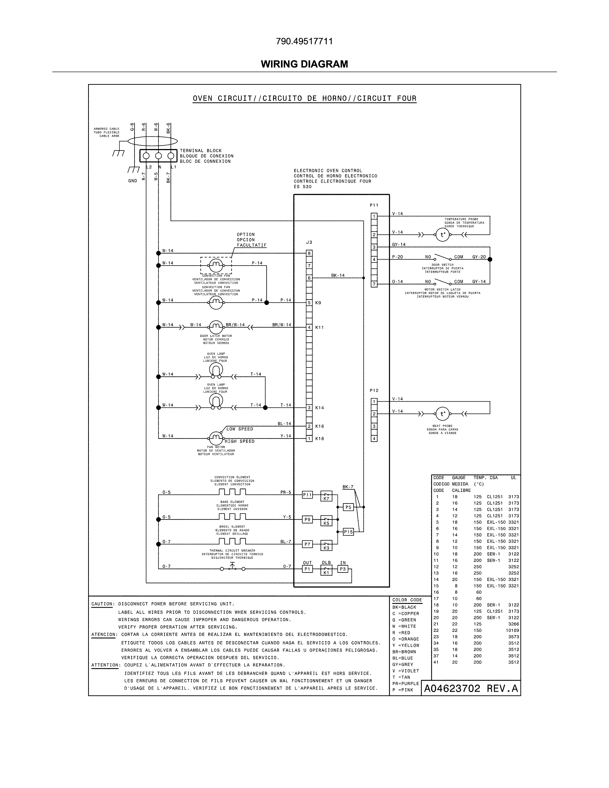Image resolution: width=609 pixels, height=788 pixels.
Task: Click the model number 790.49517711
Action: point(304,42)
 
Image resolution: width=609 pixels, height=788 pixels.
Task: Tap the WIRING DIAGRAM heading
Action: point(304,64)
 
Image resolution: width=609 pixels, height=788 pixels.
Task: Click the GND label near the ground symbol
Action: point(132,181)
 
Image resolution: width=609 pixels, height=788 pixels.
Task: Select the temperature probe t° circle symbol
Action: point(442,234)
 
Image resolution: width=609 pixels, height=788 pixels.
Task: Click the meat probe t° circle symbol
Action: point(442,414)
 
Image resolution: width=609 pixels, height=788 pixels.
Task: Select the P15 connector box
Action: point(348,532)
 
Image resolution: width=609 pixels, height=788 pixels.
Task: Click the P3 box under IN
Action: point(342,569)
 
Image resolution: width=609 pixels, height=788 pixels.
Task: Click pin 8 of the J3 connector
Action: point(309,253)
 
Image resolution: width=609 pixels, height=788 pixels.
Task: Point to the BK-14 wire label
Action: point(338,275)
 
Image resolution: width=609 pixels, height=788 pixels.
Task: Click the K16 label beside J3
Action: point(319,426)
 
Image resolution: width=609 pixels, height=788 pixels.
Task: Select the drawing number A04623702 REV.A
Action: point(471,688)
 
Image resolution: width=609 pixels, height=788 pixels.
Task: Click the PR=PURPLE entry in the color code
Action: point(406,683)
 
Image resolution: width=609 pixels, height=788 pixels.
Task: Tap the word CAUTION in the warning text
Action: point(102,604)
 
